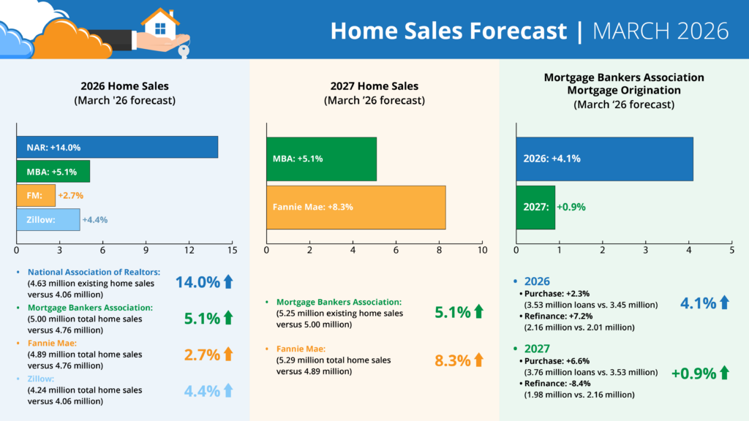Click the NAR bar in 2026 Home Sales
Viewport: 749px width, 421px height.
[x=117, y=147]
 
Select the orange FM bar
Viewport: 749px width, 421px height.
[x=36, y=195]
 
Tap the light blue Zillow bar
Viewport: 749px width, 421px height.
[x=48, y=219]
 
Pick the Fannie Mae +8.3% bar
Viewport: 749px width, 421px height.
[x=356, y=207]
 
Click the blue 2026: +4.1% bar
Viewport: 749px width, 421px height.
[x=605, y=159]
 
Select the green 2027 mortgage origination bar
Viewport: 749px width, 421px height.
[x=535, y=207]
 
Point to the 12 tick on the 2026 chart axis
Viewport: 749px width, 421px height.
[x=189, y=250]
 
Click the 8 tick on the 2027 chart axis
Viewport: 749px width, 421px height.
[x=440, y=250]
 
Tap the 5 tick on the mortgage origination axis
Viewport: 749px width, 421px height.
[x=732, y=250]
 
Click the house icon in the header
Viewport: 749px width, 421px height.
[x=160, y=23]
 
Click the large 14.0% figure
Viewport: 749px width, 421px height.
[x=197, y=282]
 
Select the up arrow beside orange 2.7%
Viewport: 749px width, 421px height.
[x=227, y=354]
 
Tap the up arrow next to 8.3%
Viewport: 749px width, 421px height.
[x=479, y=360]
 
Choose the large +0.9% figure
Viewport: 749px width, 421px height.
[x=693, y=373]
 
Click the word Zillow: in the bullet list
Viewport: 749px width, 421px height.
[x=42, y=379]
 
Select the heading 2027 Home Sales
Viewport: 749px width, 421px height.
[x=374, y=86]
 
